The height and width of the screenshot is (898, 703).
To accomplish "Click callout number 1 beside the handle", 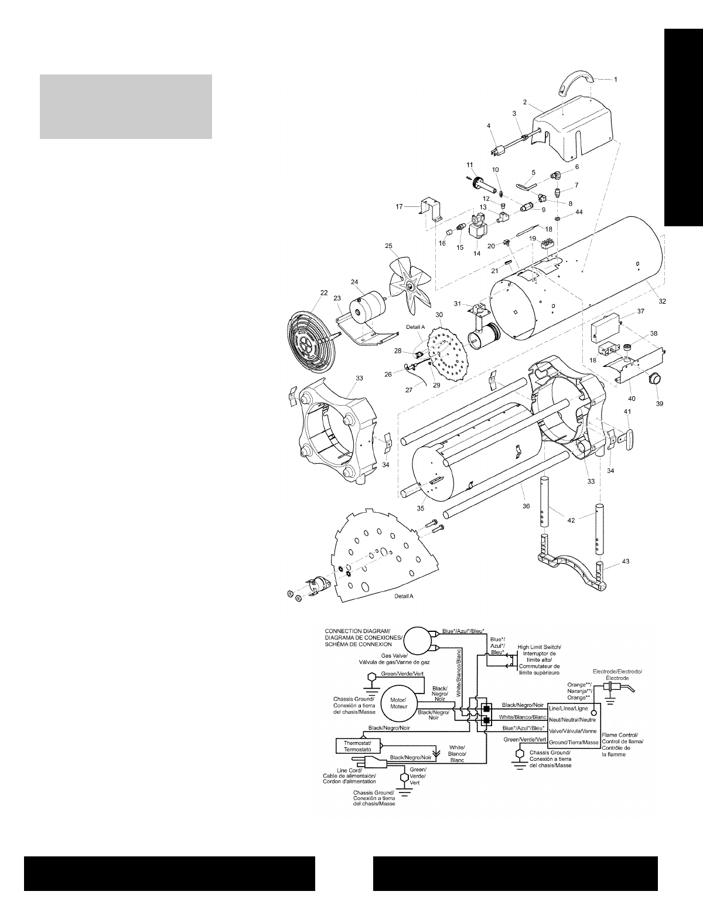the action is pyautogui.click(x=615, y=79).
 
